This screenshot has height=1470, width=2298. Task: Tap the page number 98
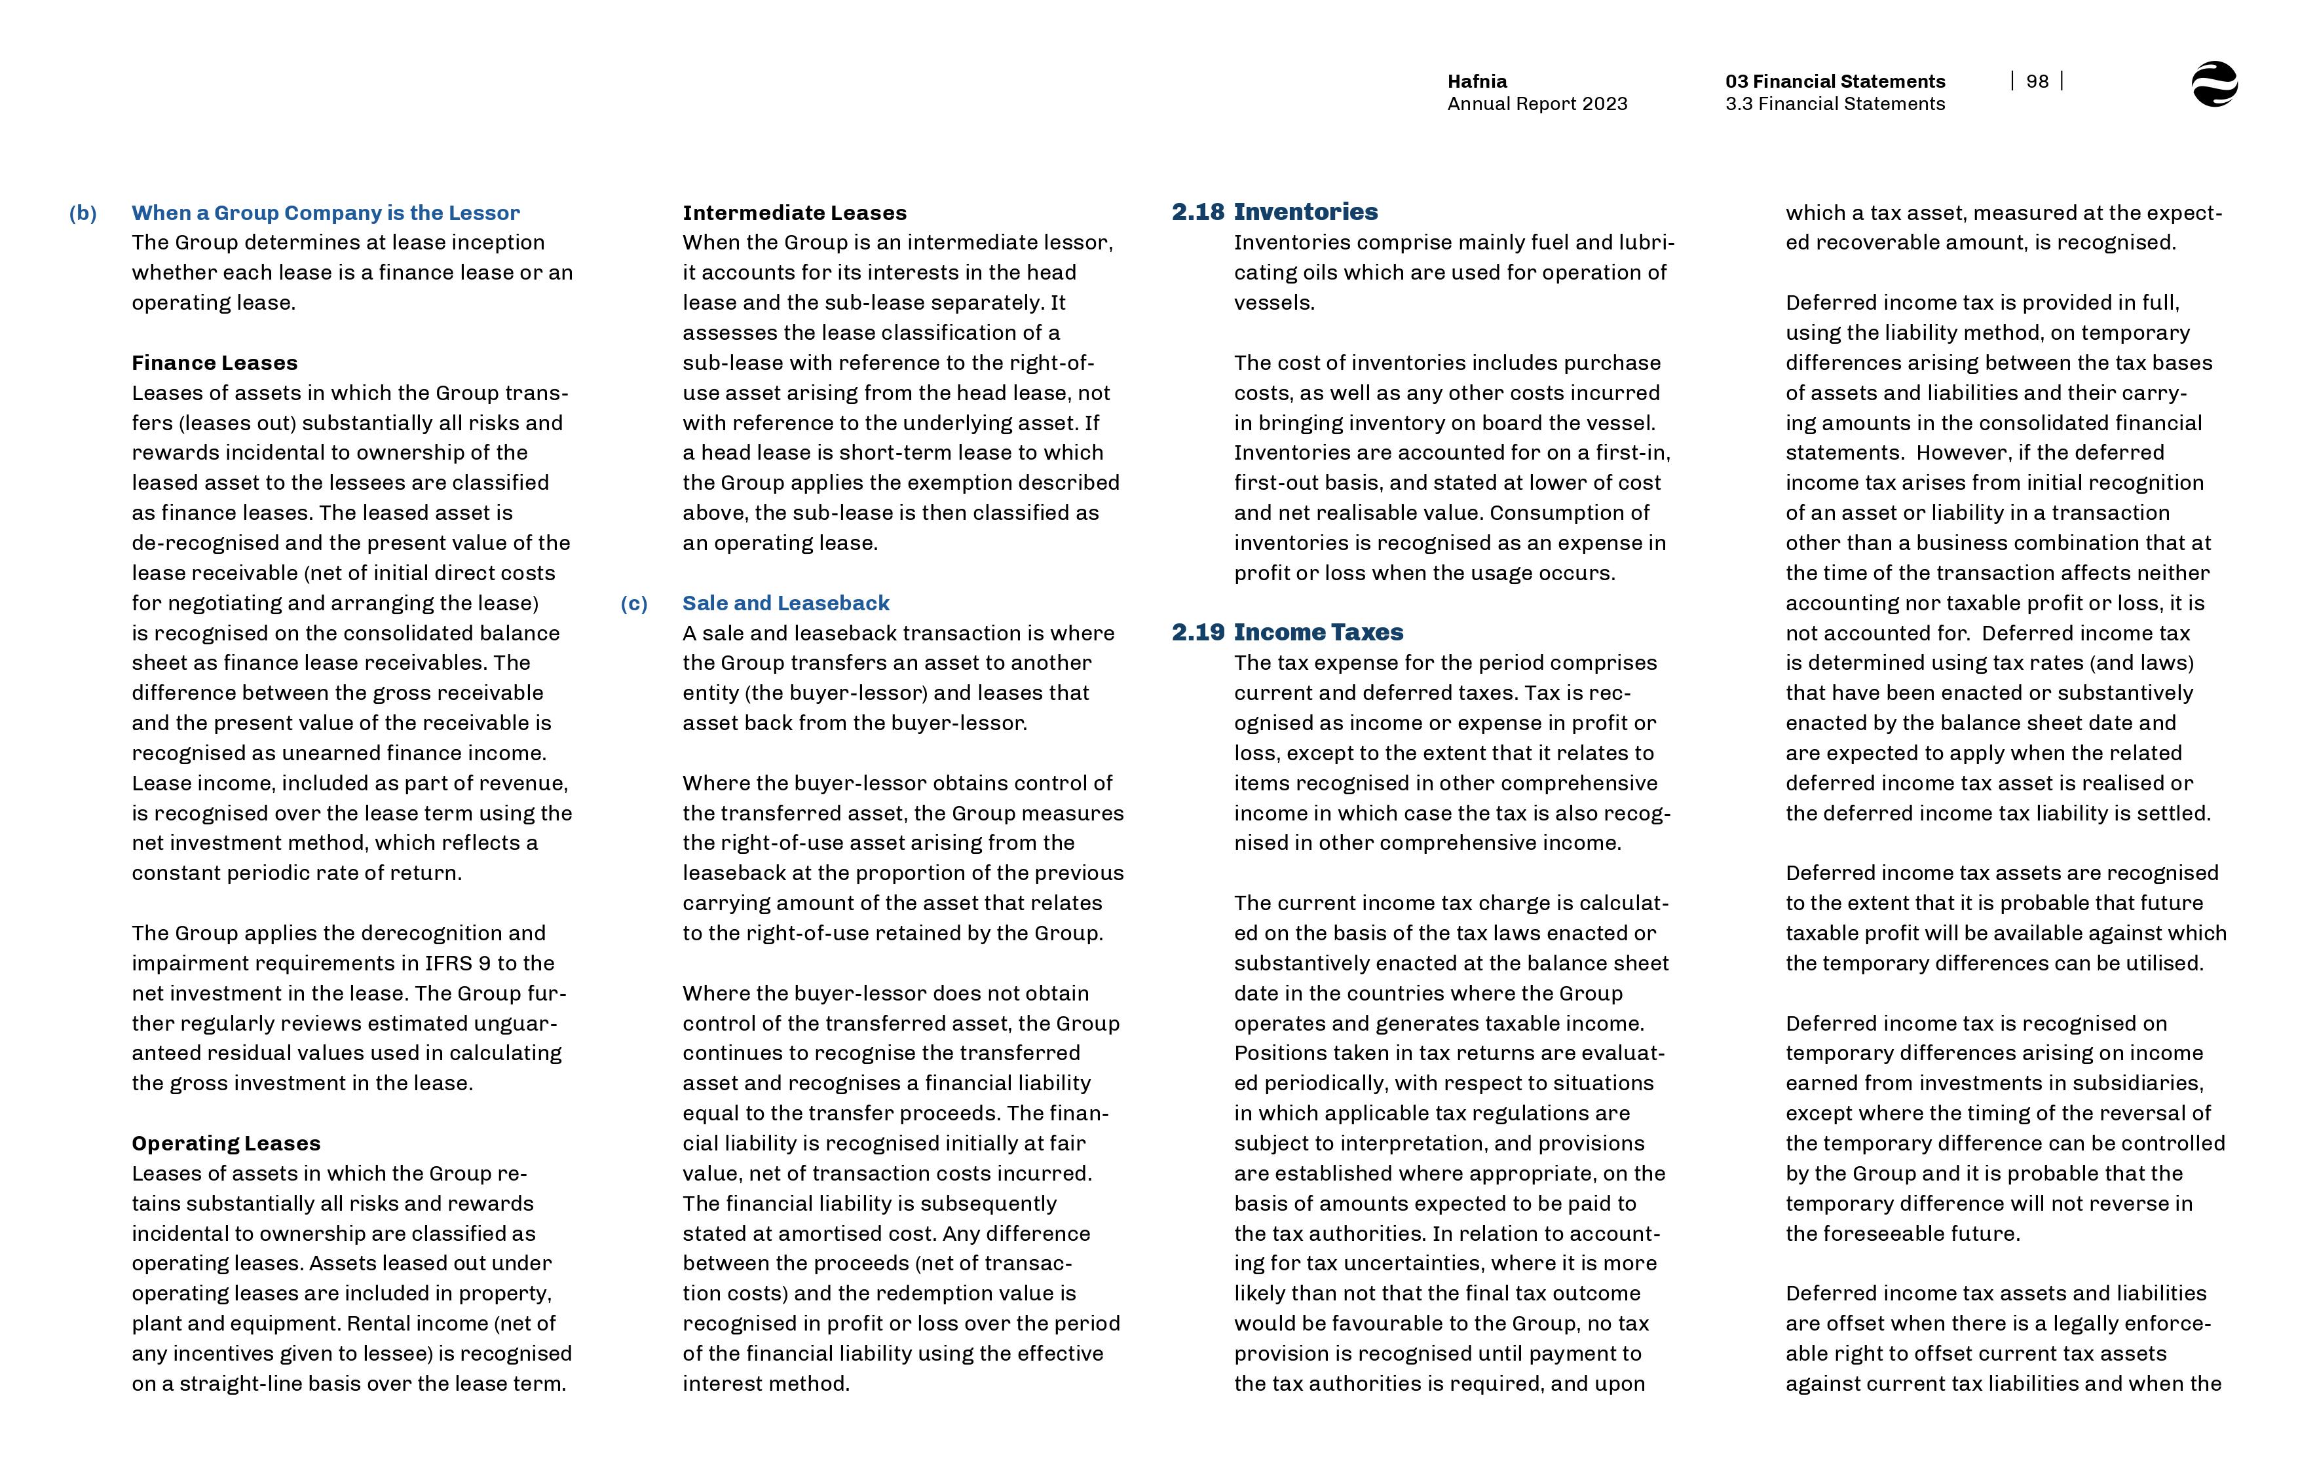point(2037,82)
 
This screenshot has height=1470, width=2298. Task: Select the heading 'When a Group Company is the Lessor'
point(326,213)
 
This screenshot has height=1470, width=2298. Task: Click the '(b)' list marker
point(83,213)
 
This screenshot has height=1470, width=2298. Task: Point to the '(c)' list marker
point(634,603)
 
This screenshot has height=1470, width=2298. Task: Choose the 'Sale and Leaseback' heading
point(785,603)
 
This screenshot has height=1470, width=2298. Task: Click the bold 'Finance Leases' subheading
point(215,363)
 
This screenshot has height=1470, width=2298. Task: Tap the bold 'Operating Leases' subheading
point(226,1143)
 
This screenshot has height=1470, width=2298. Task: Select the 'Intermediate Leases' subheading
point(795,213)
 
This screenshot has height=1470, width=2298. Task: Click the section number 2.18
point(1197,212)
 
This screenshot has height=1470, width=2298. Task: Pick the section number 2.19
point(1197,632)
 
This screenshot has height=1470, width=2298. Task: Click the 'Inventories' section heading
point(1305,212)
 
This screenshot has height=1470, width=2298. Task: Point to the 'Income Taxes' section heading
point(1319,632)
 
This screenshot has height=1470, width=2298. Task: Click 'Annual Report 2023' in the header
point(1537,104)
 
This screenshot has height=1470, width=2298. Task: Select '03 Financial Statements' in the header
point(1834,81)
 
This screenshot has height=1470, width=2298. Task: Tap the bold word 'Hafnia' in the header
point(1477,81)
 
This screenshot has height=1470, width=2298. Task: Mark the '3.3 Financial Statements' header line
point(1834,104)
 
